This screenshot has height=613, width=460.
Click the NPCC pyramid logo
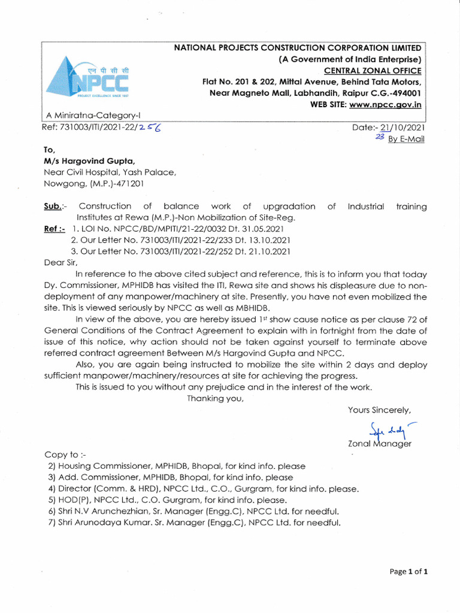[x=90, y=77]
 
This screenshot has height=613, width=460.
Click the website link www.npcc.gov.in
[x=385, y=104]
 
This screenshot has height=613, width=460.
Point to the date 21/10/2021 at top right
[x=401, y=127]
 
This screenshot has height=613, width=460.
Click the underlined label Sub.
[x=52, y=207]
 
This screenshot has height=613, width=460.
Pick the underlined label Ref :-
[x=55, y=229]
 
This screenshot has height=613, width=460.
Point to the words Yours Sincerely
[x=379, y=410]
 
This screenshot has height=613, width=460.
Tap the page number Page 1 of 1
[x=408, y=571]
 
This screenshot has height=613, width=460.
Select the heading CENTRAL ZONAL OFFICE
[x=371, y=71]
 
